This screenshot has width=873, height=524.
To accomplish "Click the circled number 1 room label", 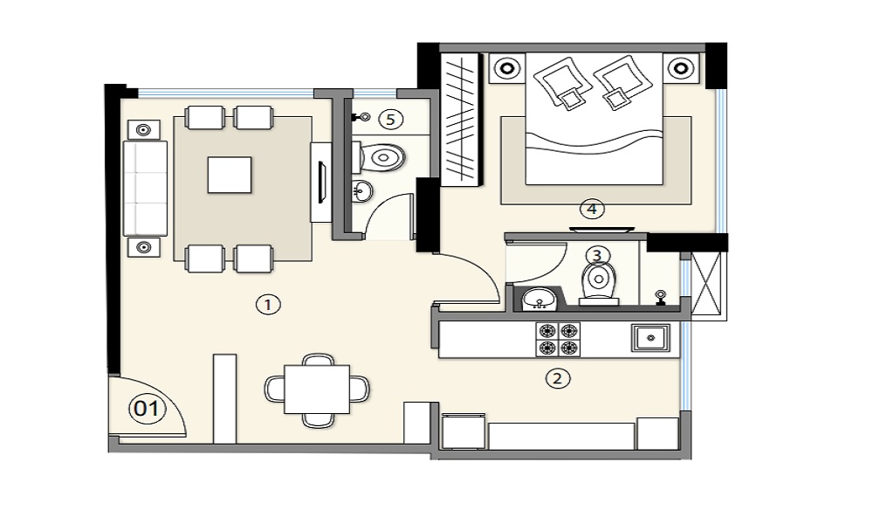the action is pos(268,305).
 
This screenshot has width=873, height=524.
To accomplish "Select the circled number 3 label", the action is pos(597,256).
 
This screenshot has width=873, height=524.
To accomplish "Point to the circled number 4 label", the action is pos(592,210).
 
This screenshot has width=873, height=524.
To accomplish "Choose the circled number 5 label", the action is pos(390,119).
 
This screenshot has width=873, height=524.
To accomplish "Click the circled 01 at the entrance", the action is pos(147,409).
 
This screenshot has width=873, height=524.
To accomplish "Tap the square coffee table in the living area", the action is pos(230,175).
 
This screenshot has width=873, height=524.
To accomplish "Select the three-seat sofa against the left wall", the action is pos(145,189).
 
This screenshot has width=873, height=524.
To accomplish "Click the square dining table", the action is pos(317,390).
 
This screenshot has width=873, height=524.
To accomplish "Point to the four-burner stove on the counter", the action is pos(558,340).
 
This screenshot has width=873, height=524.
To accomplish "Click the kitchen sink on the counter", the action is pos(650,337).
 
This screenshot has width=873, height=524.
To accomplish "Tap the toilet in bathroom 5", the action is pos(378,157).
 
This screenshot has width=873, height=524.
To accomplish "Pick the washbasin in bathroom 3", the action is pos(539,299).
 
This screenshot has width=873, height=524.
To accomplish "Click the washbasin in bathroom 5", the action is pos(362,192).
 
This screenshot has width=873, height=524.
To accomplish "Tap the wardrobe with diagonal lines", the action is pos(460,120).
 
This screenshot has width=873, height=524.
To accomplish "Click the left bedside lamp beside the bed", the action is pos(507,68).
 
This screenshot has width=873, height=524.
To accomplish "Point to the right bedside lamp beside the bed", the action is pos(680,68).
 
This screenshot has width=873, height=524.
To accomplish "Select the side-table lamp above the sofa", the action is pos(144,130).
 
